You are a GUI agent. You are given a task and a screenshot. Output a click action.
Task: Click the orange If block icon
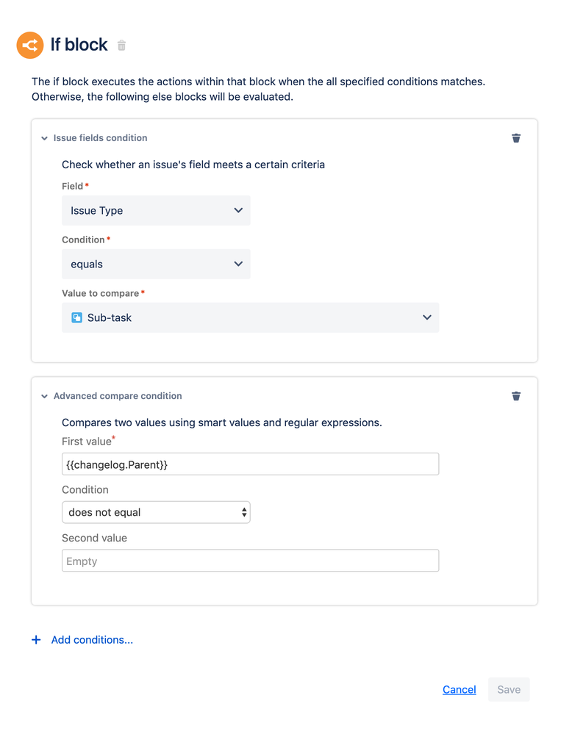(x=30, y=46)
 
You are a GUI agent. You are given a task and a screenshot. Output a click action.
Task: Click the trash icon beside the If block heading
(x=122, y=46)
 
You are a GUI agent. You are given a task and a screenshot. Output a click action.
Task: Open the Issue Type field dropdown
(x=156, y=210)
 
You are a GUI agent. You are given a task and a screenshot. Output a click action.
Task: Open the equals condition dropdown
(x=156, y=264)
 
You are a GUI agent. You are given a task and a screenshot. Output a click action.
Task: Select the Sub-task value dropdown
(x=250, y=317)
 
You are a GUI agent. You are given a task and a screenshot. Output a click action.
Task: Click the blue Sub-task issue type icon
(x=76, y=317)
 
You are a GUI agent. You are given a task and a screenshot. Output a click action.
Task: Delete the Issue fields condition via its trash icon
(x=516, y=138)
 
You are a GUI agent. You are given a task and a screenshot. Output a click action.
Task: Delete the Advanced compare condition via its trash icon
(x=516, y=396)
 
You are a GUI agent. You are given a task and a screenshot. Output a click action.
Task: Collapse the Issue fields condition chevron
(x=44, y=138)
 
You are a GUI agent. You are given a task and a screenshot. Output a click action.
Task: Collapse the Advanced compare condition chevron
(x=44, y=396)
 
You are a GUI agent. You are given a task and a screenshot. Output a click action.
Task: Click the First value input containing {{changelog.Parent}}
(x=250, y=464)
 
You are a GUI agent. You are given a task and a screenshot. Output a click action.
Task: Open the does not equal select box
(x=156, y=512)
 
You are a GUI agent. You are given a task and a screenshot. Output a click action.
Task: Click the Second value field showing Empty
(x=250, y=561)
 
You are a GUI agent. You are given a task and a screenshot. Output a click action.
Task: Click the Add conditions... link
(x=92, y=640)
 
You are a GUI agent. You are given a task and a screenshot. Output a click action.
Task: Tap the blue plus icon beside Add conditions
(x=36, y=640)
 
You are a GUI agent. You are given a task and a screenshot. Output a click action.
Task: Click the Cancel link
(x=459, y=689)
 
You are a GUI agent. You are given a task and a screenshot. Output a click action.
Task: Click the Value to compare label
(x=100, y=293)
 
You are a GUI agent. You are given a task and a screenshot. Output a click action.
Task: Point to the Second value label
(x=94, y=538)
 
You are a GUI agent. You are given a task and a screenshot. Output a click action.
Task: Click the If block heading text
(x=79, y=45)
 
